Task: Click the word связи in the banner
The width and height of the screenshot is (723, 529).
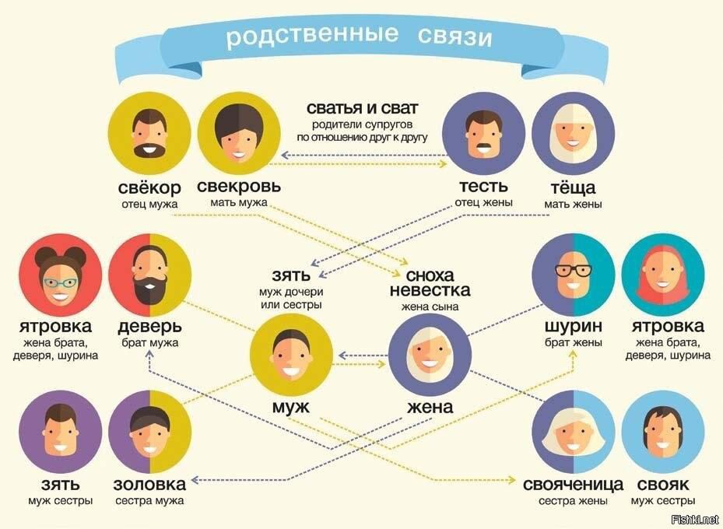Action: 455,37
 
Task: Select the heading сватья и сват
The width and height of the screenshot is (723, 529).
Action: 363,108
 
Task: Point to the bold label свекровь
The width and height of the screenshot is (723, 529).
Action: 239,186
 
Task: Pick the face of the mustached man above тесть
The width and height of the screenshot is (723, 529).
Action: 484,134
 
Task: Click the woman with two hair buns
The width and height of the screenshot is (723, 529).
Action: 61,275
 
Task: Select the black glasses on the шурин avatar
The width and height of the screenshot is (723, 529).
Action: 573,271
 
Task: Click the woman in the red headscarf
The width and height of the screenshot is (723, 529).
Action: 662,275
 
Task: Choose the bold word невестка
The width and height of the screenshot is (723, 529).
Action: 430,290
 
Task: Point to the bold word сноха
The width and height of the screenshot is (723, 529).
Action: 430,275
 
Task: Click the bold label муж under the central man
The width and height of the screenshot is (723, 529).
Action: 291,407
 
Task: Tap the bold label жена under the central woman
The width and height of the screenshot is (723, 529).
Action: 430,407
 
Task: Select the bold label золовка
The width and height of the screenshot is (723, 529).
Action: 150,485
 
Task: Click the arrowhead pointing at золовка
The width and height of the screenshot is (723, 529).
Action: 194,480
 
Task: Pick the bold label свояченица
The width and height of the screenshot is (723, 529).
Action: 573,485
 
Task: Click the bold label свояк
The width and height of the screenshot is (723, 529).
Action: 663,485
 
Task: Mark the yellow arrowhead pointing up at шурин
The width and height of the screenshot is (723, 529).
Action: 573,354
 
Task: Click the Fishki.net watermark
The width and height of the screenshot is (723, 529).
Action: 695,520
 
